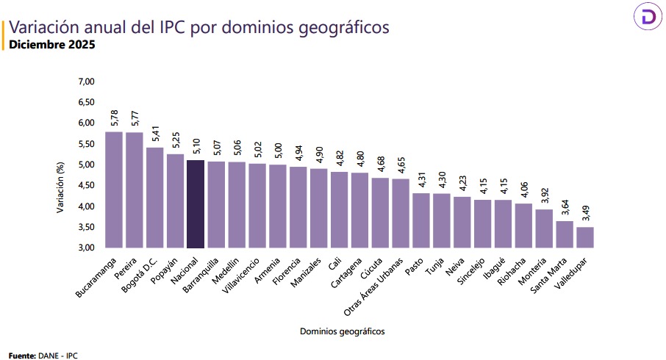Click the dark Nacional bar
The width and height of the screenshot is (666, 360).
click(196, 204)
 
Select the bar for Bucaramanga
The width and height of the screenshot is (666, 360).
click(114, 190)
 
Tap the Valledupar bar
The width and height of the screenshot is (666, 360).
click(585, 237)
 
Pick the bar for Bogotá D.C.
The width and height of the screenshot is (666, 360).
click(154, 198)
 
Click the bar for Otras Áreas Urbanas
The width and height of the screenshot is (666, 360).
click(401, 213)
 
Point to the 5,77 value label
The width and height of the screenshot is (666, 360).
click(135, 120)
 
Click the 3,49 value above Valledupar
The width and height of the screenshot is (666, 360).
click(585, 215)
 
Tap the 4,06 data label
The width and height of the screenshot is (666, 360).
click(524, 191)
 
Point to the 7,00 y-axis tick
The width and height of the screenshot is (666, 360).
click(87, 81)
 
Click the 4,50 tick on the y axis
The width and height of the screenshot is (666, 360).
click(87, 185)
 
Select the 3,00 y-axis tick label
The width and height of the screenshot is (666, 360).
click(87, 248)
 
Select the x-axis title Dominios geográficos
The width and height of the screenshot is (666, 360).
click(342, 331)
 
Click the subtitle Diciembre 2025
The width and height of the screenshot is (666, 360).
click(51, 45)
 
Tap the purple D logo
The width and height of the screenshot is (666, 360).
click(649, 17)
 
